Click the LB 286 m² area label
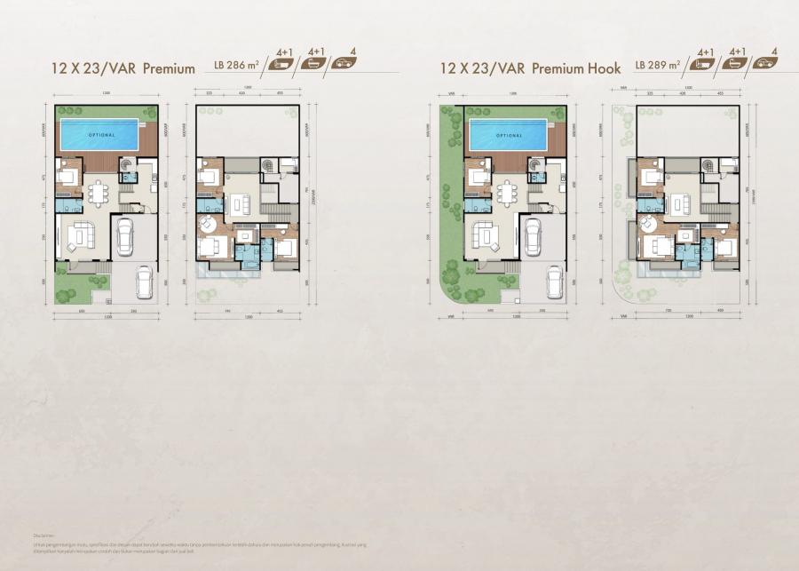tap(235, 65)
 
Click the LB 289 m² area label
tap(658, 65)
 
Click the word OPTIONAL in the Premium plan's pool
tap(99, 134)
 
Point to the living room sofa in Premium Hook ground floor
tap(487, 235)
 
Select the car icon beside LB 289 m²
tap(763, 64)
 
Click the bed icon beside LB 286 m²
tap(285, 64)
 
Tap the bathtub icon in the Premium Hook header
tap(736, 64)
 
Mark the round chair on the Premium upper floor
tap(203, 221)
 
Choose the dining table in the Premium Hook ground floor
tap(507, 193)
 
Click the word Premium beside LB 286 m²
tap(169, 67)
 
